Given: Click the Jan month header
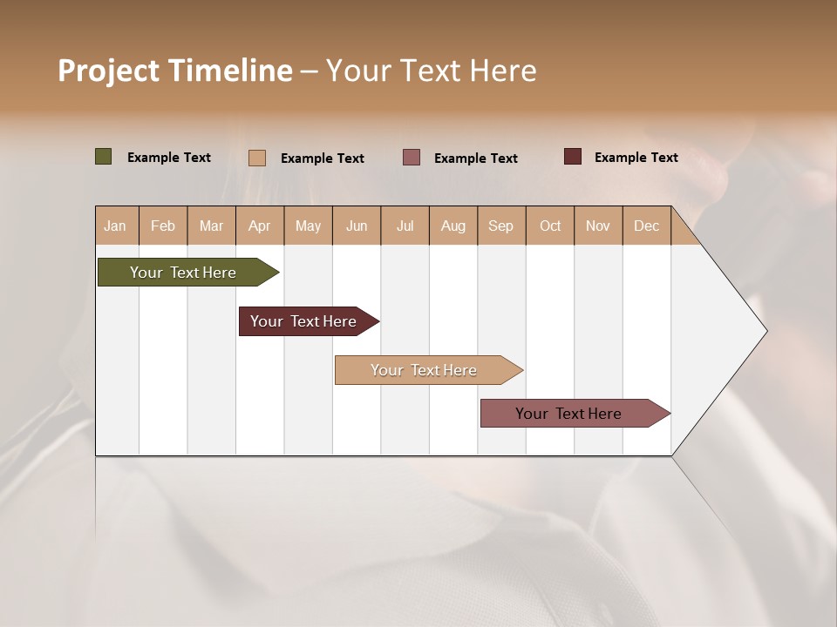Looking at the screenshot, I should click(x=115, y=226).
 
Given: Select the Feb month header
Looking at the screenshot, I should click(x=163, y=226).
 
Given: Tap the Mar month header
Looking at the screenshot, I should click(x=211, y=226).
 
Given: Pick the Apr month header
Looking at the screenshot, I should click(x=260, y=226).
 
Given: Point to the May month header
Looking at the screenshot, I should click(x=308, y=226).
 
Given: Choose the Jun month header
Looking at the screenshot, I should click(x=357, y=226).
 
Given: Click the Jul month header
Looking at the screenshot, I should click(x=405, y=226).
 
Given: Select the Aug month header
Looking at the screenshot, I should click(x=453, y=226).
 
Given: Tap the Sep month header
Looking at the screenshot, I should click(x=501, y=226).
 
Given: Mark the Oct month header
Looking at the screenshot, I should click(x=550, y=226).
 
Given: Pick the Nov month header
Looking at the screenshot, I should click(x=598, y=226).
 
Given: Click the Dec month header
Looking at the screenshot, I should click(x=647, y=226).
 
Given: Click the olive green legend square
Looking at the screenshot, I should click(x=104, y=157).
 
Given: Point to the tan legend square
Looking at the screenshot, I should click(x=257, y=158).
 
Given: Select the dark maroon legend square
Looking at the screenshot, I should click(x=573, y=157).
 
